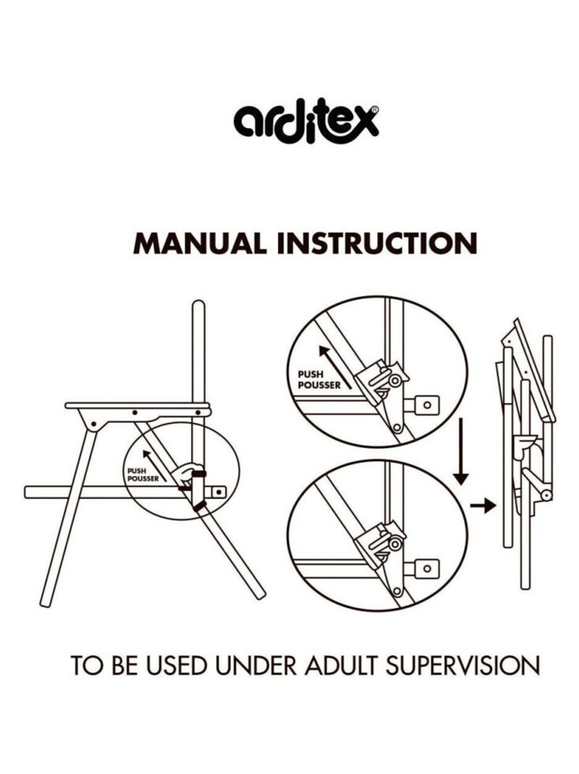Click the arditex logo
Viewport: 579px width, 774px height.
pos(306,121)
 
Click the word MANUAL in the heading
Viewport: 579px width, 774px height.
pos(200,243)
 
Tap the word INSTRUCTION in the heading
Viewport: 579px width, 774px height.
pos(377,243)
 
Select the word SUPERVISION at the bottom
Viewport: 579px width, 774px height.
pos(462,665)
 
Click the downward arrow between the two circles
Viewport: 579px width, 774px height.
pos(460,451)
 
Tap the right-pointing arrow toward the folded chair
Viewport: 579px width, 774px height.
pos(483,506)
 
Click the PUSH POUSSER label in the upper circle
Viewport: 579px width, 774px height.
pos(318,380)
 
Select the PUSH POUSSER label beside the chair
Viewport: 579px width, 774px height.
pos(143,475)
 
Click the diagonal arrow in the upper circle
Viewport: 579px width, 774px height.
pos(335,366)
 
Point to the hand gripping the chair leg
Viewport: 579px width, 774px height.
pos(188,473)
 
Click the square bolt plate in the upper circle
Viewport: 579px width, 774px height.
pos(428,405)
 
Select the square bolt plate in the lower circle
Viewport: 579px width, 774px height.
pos(428,569)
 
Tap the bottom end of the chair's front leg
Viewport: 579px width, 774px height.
pos(45,603)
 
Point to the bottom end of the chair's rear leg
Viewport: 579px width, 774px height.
pos(260,595)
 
